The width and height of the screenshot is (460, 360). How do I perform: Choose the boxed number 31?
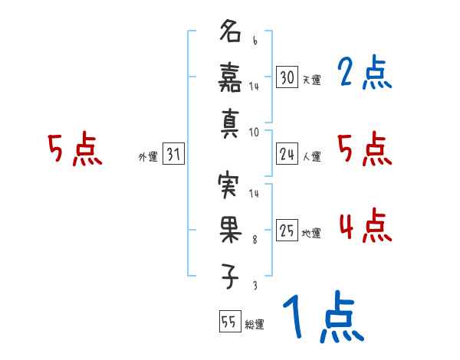coord(173,155)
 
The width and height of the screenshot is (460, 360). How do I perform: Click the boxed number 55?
coord(228,322)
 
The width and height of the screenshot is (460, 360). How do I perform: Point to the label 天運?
coord(311,80)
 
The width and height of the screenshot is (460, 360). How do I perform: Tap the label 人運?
coord(311,157)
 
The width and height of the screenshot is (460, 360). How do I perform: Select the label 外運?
coord(147,157)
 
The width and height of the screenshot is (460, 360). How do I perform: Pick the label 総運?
coord(254,324)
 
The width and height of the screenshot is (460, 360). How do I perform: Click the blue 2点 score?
coord(363,74)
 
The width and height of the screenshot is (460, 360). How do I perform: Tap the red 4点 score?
coord(363,227)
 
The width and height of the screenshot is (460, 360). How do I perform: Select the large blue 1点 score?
coord(322,319)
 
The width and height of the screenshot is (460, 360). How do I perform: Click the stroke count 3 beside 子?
coord(254,285)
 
